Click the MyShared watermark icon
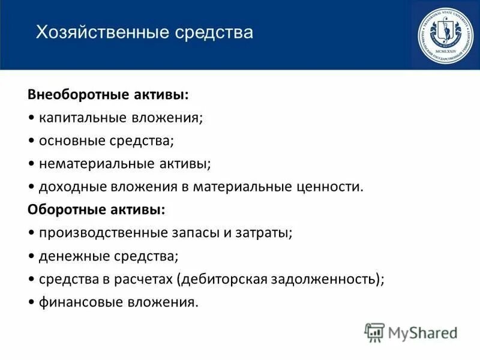[374, 332]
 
